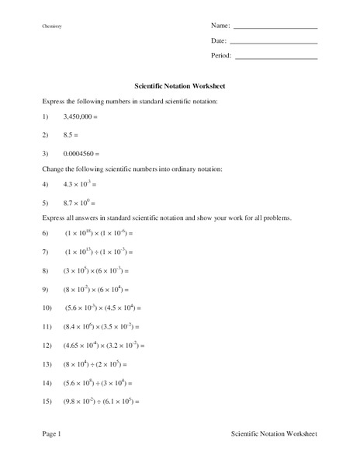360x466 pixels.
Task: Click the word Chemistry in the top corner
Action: pyautogui.click(x=52, y=27)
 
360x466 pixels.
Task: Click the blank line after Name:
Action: pyautogui.click(x=275, y=28)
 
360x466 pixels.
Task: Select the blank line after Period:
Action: pyautogui.click(x=276, y=58)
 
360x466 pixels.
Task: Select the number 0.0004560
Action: pyautogui.click(x=81, y=153)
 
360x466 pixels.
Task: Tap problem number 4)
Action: pyautogui.click(x=46, y=184)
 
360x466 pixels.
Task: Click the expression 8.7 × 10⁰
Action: pyautogui.click(x=77, y=202)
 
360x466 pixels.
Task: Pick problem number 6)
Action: pyautogui.click(x=46, y=233)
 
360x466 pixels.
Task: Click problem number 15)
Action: pyautogui.click(x=47, y=402)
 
